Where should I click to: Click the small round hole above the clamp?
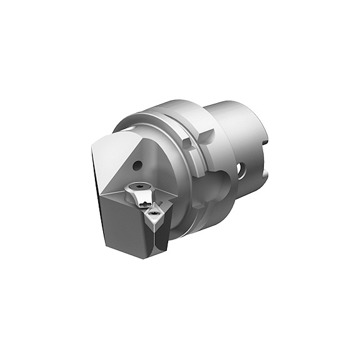137,167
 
